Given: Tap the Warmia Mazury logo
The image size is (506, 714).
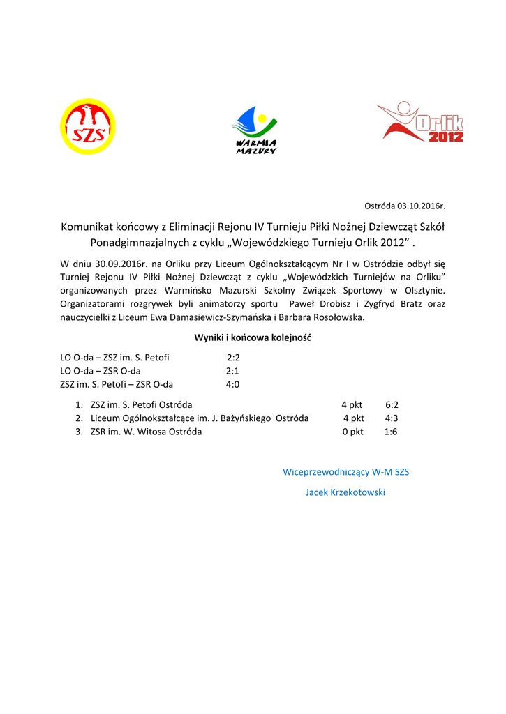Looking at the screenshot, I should point(254,130).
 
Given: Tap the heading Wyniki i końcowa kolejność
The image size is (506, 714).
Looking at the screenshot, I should point(253,337).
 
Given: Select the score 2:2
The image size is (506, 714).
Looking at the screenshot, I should point(233,358).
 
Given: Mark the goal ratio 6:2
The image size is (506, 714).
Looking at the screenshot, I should point(392,404).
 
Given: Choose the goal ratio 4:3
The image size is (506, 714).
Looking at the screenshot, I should point(392,418).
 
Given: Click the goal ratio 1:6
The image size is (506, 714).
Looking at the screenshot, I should point(391,432).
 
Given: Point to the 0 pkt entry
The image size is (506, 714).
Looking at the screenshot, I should point(352,432).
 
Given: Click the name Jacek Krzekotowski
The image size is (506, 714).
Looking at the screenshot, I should point(345,492).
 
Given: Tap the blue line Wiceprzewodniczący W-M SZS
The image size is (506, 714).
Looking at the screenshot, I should point(345,472).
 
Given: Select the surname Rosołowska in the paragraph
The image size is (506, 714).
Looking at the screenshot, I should point(338,317).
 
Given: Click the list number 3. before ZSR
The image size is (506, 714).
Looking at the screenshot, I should point(80,432).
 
